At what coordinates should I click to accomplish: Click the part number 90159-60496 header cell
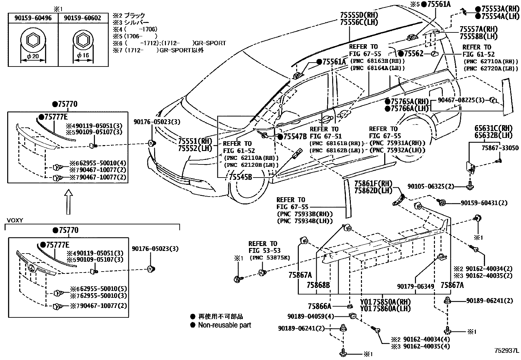pyautogui.click(x=33, y=18)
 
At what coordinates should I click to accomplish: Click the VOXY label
pyautogui.click(x=15, y=220)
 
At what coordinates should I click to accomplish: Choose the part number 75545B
pyautogui.click(x=241, y=177)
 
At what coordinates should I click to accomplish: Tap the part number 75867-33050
pyautogui.click(x=500, y=148)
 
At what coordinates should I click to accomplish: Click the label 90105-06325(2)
pyautogui.click(x=431, y=186)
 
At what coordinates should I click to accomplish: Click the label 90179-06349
pyautogui.click(x=416, y=286)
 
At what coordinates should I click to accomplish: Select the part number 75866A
pyautogui.click(x=319, y=306)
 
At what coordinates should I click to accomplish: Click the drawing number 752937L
pyautogui.click(x=506, y=351)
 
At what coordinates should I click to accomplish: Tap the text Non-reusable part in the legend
pyautogui.click(x=225, y=325)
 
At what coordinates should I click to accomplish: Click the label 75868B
pyautogui.click(x=318, y=285)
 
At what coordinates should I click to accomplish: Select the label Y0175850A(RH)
pyautogui.click(x=385, y=301)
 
